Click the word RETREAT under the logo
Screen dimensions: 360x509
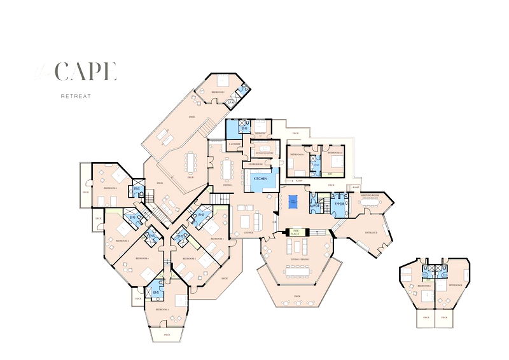pyautogui.click(x=76, y=96)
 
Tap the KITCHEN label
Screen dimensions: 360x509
pyautogui.click(x=261, y=179)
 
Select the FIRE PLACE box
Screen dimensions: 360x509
pyautogui.click(x=295, y=233)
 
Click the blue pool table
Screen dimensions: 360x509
pyautogui.click(x=293, y=202)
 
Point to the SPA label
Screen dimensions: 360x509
pyautogui.click(x=231, y=101)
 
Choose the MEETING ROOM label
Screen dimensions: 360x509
pyautogui.click(x=372, y=195)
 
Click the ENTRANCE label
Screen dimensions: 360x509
pyautogui.click(x=371, y=233)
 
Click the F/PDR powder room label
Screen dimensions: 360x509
pyautogui.click(x=338, y=204)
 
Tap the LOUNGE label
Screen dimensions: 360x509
pyautogui.click(x=248, y=232)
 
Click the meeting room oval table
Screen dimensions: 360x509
pyautogui.click(x=372, y=205)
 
